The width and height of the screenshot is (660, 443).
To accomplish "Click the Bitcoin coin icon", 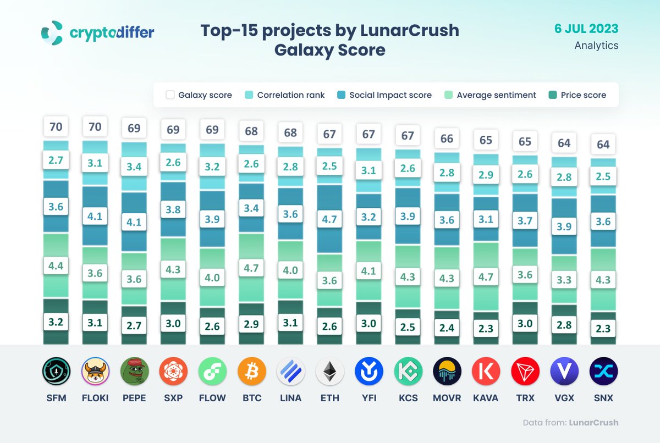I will click(x=251, y=372).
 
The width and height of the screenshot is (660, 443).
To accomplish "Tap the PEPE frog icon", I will click(x=134, y=372).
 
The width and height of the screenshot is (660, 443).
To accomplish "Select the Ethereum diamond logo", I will click(x=330, y=372).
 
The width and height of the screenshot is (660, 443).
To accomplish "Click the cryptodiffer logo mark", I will click(x=53, y=33).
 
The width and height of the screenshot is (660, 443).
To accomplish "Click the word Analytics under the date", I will click(x=596, y=46).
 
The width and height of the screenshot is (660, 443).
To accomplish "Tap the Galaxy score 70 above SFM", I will click(x=56, y=127).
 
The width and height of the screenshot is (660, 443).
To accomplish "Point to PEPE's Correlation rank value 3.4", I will click(x=134, y=167).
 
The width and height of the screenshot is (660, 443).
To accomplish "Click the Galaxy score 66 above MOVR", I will click(x=447, y=139).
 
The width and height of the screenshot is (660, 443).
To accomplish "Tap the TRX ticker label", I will click(x=525, y=397).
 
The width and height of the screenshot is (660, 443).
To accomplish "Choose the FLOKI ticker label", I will click(x=95, y=397).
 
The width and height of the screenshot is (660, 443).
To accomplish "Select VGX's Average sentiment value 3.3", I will click(x=564, y=280).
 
